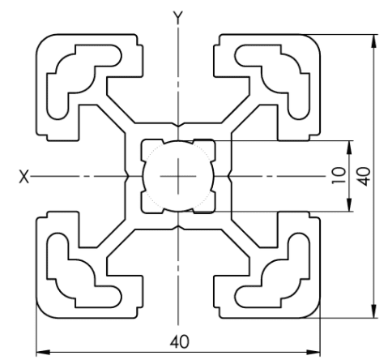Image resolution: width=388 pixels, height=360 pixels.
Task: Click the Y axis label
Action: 178,18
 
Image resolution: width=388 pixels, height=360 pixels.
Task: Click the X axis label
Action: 24,177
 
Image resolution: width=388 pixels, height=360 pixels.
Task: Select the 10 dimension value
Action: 339,176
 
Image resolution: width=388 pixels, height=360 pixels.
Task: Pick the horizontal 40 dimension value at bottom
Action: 180,341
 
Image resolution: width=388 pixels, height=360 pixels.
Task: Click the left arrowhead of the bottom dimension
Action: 43,352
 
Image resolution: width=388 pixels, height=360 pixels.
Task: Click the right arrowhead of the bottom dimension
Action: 313,352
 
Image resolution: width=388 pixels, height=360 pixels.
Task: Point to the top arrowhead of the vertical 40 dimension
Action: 374,41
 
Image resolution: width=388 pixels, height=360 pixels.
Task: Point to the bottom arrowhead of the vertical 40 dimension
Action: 374,311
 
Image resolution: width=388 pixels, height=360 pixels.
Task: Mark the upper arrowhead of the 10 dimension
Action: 349,148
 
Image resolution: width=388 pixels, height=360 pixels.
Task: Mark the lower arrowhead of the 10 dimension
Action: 349,204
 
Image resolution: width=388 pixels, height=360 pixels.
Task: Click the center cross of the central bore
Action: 178,176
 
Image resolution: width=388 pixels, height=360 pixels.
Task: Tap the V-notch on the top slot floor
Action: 178,125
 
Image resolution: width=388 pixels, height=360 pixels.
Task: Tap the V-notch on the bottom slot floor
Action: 178,228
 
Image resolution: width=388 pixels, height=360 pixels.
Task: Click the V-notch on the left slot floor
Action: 127,176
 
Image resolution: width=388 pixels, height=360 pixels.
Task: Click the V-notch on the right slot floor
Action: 229,176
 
